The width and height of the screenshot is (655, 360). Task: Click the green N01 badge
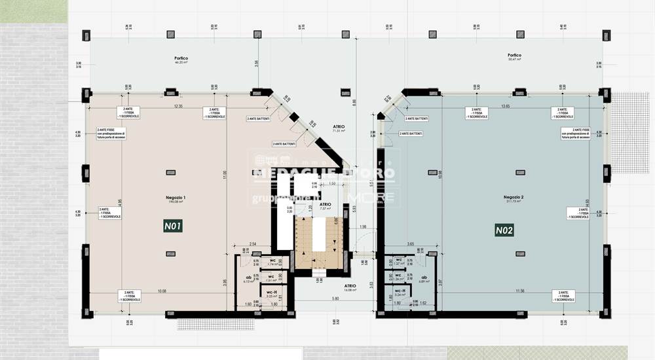[173, 226]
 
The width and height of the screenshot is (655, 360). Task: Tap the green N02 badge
[504, 230]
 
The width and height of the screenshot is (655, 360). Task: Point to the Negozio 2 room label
[514, 198]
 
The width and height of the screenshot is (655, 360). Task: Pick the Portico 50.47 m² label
[514, 57]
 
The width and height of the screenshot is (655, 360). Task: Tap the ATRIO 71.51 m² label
[339, 128]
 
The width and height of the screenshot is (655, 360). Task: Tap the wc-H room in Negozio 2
[400, 293]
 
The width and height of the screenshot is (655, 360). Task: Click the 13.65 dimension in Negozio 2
[505, 106]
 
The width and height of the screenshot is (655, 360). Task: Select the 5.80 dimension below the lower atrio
[335, 299]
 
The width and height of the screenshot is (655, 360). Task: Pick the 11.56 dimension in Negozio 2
[519, 291]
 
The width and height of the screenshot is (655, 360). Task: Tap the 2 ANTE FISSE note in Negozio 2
[576, 134]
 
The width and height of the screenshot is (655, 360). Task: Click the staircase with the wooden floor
[318, 243]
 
